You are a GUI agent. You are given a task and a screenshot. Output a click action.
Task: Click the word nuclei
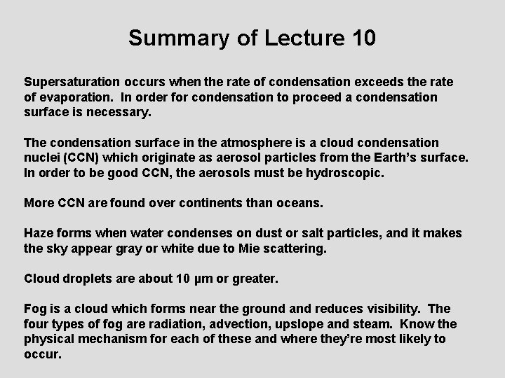pyautogui.click(x=43, y=157)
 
